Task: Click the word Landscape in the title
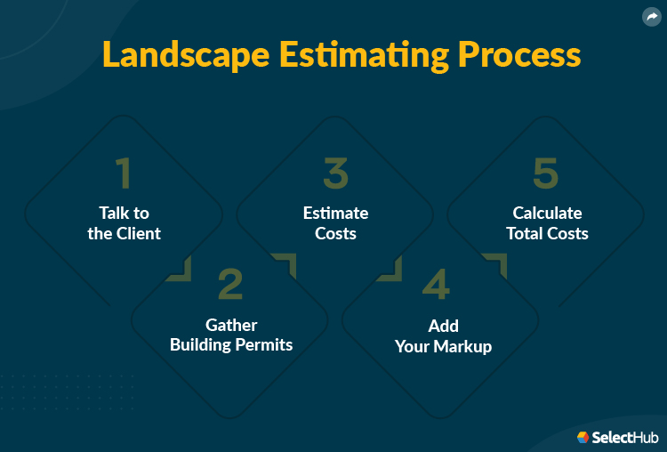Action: [x=185, y=55]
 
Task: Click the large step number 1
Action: [x=124, y=174]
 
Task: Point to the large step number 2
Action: [x=229, y=284]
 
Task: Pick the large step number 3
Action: [x=335, y=174]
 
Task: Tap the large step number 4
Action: [x=436, y=284]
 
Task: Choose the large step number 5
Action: [x=546, y=174]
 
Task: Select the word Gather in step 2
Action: [x=231, y=325]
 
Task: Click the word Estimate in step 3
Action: [x=335, y=214]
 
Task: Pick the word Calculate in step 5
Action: [x=547, y=214]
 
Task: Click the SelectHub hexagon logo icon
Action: [x=583, y=437]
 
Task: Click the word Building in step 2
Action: [x=199, y=344]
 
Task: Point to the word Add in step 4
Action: [x=443, y=326]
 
